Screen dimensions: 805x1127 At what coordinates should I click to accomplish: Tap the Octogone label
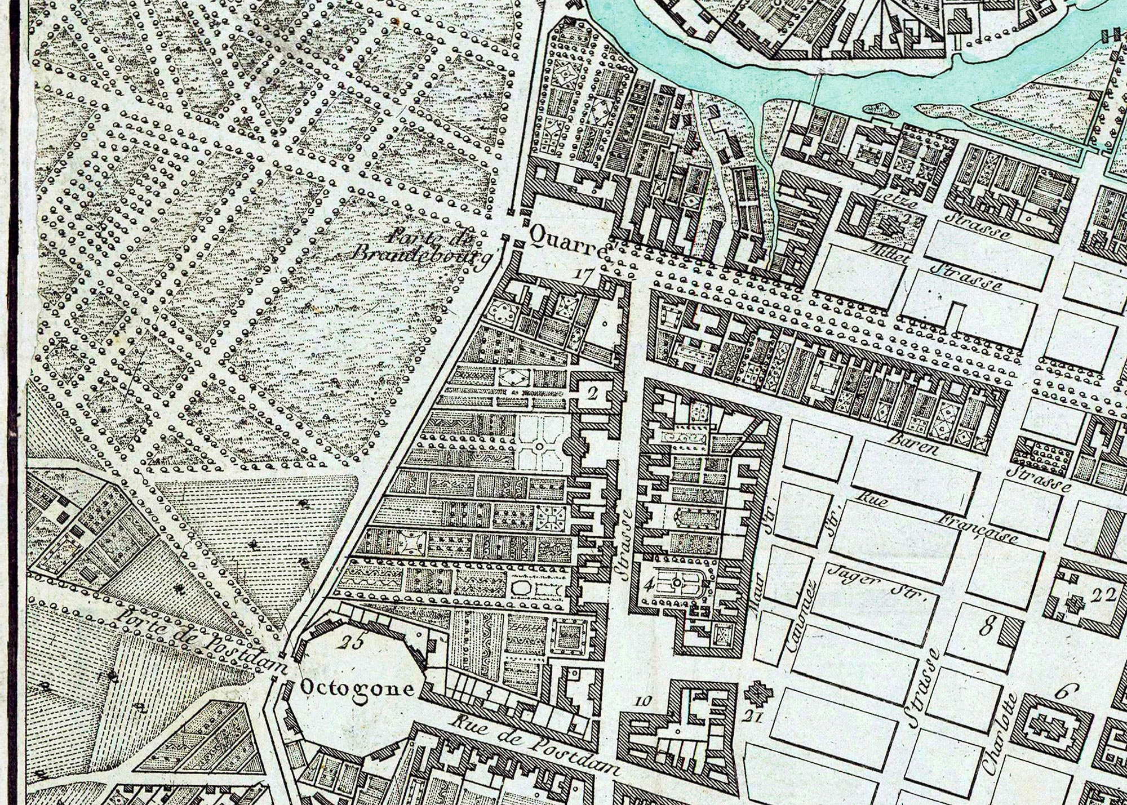[x=358, y=688]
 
